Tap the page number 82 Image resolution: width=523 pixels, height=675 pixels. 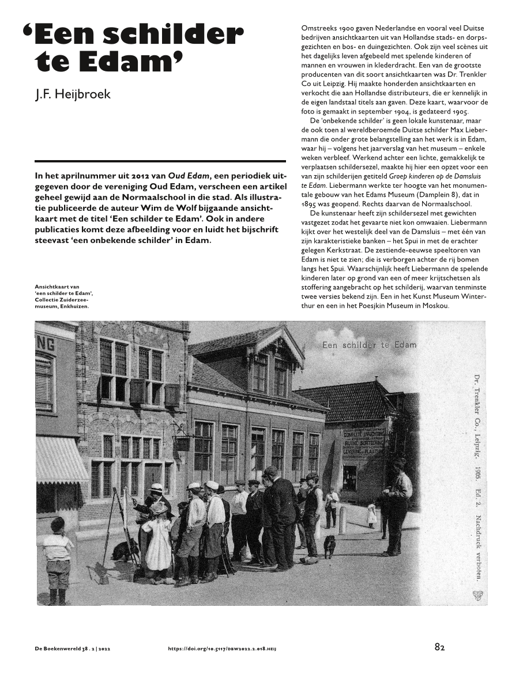pyautogui.click(x=439, y=647)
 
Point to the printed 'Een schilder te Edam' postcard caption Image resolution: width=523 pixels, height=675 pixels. pyautogui.click(x=370, y=346)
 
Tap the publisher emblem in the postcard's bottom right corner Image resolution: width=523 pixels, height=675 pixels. pyautogui.click(x=477, y=596)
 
